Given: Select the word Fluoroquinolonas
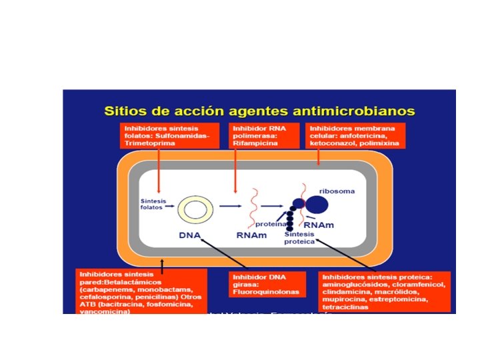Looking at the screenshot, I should point(264,292).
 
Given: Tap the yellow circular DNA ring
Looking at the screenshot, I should point(195,210).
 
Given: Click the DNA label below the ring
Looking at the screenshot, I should point(191,235).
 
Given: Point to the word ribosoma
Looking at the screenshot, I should point(337,191).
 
